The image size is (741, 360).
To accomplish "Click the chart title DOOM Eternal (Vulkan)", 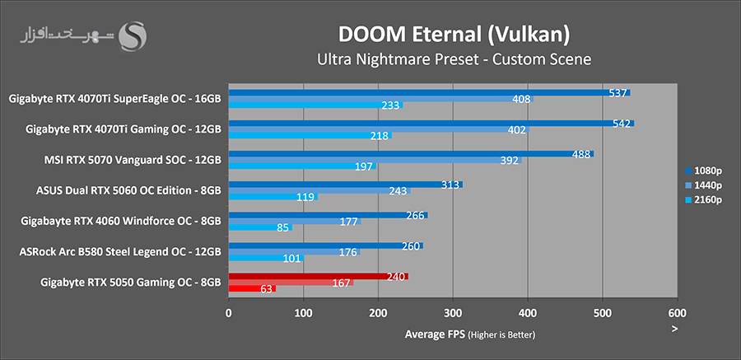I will point(453,35).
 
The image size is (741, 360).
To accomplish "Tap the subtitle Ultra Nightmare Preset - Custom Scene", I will point(454,59).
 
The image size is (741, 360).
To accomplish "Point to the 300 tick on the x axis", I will point(453,313).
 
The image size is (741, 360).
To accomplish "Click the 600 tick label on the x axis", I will point(677,313).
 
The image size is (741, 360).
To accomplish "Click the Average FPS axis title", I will point(469,334).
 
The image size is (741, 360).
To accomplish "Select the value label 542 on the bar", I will point(622,124).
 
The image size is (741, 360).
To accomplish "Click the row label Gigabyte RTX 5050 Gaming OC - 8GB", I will point(130,282).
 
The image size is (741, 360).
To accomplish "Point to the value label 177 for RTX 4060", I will point(347,221).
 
